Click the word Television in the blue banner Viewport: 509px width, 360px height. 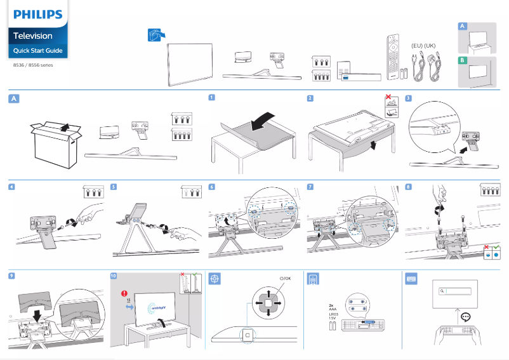(33, 36)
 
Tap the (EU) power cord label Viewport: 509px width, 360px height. (416, 46)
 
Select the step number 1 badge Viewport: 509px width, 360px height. (212, 98)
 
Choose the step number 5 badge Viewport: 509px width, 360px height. (113, 187)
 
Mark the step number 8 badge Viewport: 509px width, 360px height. (408, 187)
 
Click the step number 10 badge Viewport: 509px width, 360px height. (113, 277)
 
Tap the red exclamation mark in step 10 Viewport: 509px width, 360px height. (124, 293)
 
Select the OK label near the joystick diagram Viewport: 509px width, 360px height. (285, 278)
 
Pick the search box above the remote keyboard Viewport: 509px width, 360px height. (456, 291)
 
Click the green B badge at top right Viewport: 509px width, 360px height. (463, 60)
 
